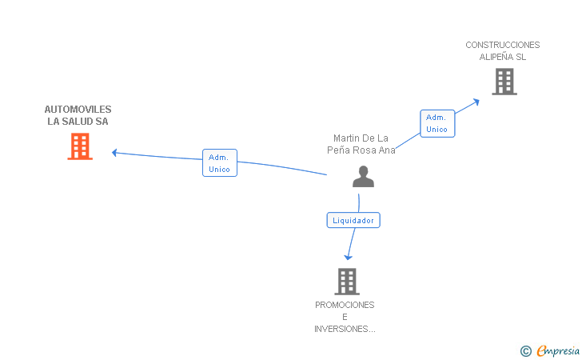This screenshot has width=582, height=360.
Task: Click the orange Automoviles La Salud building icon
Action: [x=80, y=146]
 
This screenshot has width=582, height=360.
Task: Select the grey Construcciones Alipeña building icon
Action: [x=504, y=82]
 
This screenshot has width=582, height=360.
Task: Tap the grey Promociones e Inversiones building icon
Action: [x=346, y=282]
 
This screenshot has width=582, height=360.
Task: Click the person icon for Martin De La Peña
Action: [x=363, y=177]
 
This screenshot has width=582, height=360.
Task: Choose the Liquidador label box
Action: [x=353, y=220]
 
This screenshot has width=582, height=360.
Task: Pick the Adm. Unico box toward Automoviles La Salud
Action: [x=220, y=163]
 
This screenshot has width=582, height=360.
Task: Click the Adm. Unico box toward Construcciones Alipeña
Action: [x=437, y=123]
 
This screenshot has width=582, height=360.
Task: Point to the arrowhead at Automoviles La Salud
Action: [x=115, y=152]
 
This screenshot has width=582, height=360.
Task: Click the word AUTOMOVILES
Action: [x=78, y=110]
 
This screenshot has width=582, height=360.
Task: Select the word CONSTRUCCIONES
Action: [x=503, y=45]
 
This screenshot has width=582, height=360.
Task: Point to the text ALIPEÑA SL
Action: [x=503, y=57]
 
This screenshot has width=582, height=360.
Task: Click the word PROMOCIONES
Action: [x=345, y=305]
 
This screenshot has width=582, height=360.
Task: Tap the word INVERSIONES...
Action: [x=345, y=329]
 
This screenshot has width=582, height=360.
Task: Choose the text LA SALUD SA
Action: [x=78, y=122]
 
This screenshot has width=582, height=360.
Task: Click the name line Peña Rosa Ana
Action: [x=361, y=150]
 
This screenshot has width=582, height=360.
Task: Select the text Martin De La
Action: [x=361, y=138]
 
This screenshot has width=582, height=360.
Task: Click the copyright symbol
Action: [x=525, y=350]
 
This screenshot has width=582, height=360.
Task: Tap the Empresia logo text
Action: [x=559, y=350]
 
